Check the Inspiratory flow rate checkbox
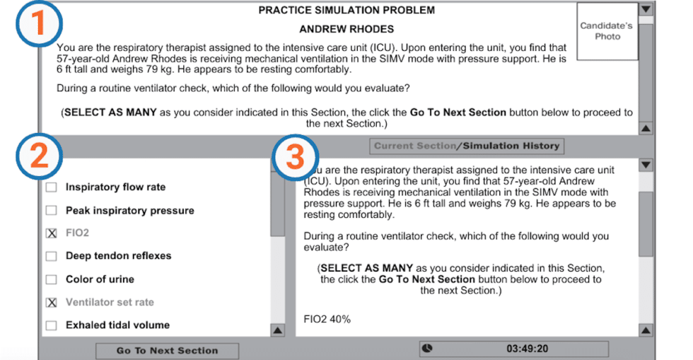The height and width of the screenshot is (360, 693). click(x=52, y=187)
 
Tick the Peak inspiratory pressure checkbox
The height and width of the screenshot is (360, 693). click(x=52, y=211)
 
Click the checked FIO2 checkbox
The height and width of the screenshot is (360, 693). click(x=52, y=233)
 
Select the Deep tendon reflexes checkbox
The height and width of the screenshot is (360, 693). click(x=52, y=256)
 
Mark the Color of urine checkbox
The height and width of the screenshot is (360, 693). click(x=52, y=279)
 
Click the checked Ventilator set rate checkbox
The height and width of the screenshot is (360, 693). click(x=52, y=303)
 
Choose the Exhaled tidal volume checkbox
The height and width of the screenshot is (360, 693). click(x=52, y=325)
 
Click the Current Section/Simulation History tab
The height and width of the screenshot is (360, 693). click(x=467, y=146)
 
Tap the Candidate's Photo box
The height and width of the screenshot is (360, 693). click(x=607, y=31)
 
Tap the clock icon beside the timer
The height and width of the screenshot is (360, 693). click(x=429, y=349)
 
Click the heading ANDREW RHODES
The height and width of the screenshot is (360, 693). click(x=346, y=30)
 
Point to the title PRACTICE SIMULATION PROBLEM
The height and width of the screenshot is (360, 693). click(x=346, y=11)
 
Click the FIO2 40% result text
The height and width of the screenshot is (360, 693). click(x=327, y=319)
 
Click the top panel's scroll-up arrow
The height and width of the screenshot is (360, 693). click(x=645, y=129)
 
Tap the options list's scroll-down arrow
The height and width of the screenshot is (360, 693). click(x=277, y=330)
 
